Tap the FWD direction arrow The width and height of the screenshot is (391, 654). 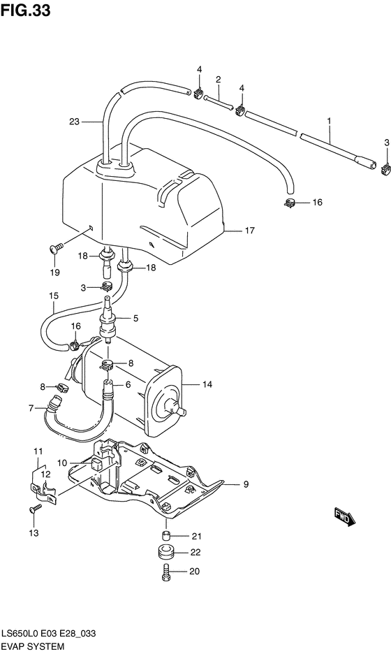[x=346, y=518]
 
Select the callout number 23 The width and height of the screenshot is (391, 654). [x=75, y=122]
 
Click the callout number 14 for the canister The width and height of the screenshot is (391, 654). [x=207, y=384]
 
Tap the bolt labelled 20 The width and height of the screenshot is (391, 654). [x=165, y=571]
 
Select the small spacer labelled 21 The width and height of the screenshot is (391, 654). [x=165, y=536]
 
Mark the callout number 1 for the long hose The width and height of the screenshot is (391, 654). [x=328, y=121]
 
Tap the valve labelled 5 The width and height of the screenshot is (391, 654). [x=110, y=322]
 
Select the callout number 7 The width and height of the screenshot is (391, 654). [x=31, y=408]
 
